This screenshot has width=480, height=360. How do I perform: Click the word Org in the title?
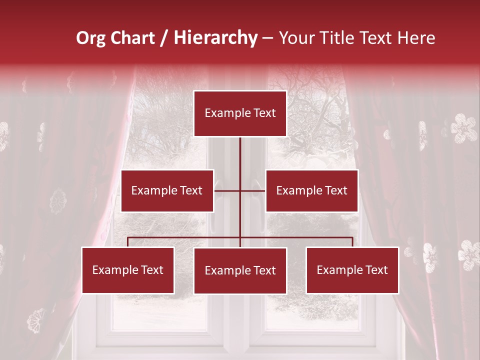(91, 38)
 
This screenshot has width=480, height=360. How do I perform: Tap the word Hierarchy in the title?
(215, 38)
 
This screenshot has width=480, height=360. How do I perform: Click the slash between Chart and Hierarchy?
(164, 38)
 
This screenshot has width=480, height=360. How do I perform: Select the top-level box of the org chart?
(240, 113)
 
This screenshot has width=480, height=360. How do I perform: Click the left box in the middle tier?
(167, 190)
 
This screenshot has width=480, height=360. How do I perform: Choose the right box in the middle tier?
(312, 190)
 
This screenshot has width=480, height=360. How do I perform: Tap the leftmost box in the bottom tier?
(128, 270)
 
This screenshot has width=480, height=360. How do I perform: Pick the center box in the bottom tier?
(240, 270)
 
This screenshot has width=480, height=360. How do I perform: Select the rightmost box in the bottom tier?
(352, 270)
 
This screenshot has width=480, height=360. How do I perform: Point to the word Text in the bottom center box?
(264, 270)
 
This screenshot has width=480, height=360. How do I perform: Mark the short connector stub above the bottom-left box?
(128, 242)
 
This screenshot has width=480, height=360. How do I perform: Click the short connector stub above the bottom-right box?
(352, 242)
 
